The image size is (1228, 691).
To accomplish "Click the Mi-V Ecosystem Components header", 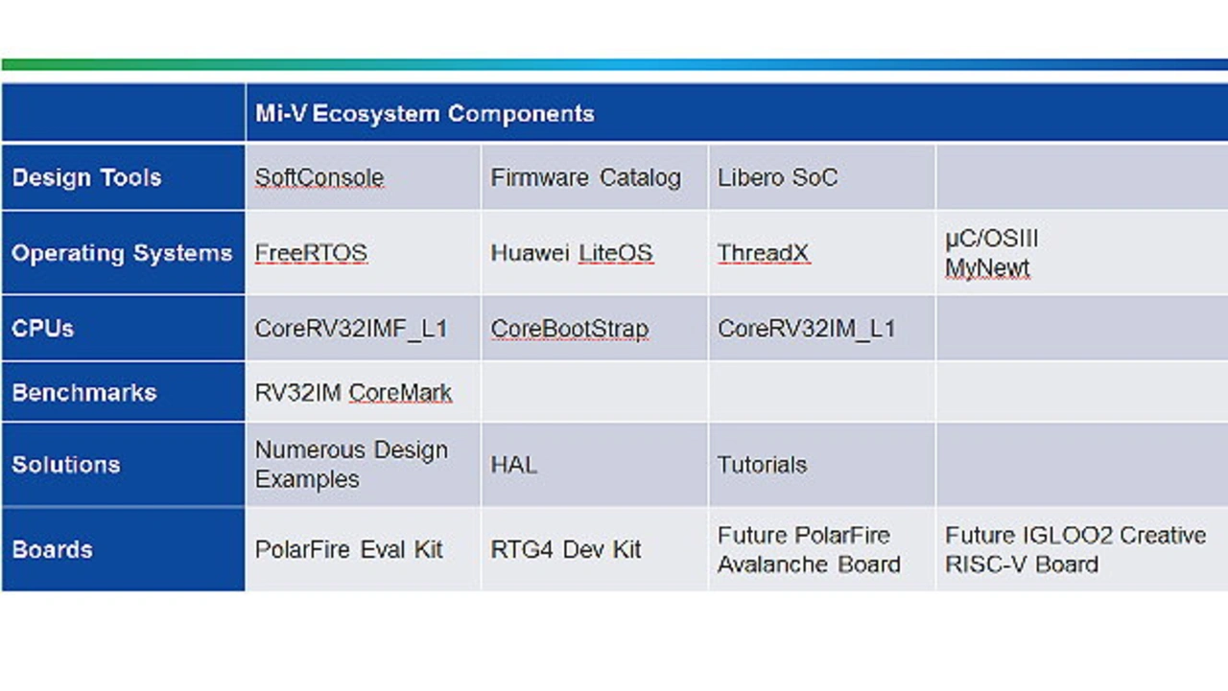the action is pyautogui.click(x=425, y=114).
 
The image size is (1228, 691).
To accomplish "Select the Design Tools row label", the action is pyautogui.click(x=86, y=178).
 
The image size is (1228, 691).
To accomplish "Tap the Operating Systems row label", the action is pyautogui.click(x=122, y=254).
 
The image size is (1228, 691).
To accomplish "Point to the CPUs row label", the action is pyautogui.click(x=43, y=329).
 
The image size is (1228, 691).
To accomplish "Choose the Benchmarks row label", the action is pyautogui.click(x=84, y=393).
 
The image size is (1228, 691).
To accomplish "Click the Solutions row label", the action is pyautogui.click(x=66, y=465).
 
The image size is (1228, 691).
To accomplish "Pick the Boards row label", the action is pyautogui.click(x=52, y=550).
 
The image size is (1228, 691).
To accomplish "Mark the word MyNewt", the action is pyautogui.click(x=987, y=269).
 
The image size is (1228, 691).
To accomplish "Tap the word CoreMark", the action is pyautogui.click(x=400, y=393).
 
